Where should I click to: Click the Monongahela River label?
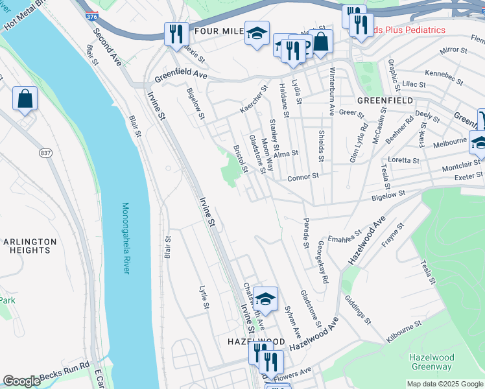[126, 238]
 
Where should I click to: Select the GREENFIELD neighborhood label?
[384, 100]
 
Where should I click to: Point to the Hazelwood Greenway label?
[431, 362]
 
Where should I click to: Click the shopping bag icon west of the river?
[25, 99]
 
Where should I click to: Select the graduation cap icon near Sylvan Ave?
[265, 299]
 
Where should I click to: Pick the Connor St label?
[303, 176]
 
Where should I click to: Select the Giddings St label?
[357, 311]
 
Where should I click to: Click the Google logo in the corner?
[21, 381]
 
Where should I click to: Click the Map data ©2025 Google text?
[444, 384]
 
